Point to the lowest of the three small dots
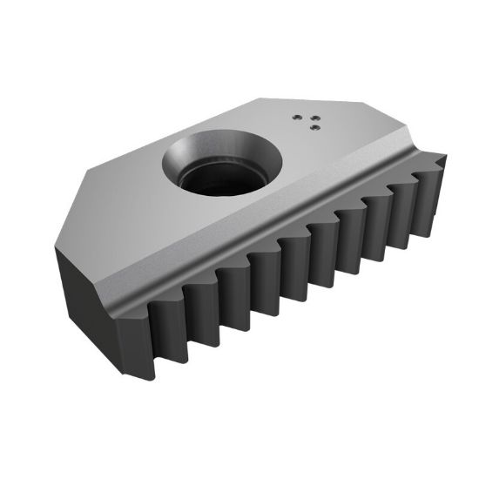click(x=314, y=128)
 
